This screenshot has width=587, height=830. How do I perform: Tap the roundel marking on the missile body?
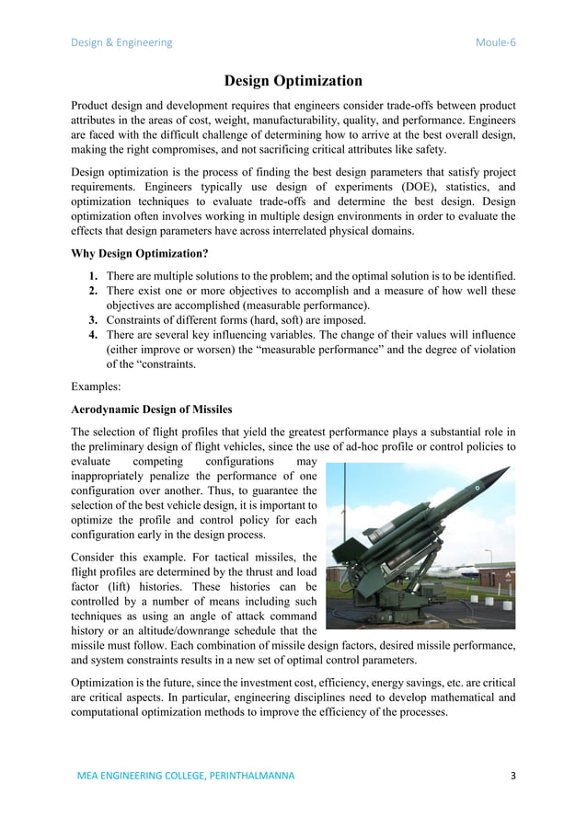click(x=477, y=488)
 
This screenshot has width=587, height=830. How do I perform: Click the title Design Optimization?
click(x=293, y=81)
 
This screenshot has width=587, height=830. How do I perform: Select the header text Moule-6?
click(x=495, y=42)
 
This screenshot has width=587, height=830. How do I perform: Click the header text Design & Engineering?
click(x=121, y=42)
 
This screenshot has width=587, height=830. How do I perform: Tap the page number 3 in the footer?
click(x=512, y=776)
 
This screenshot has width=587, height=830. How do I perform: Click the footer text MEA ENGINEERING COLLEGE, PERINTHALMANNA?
click(x=186, y=776)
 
